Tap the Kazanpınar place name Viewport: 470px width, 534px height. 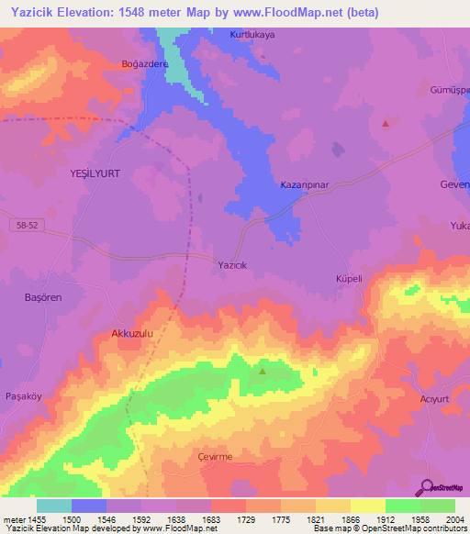(304, 185)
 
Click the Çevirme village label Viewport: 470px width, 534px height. (215, 457)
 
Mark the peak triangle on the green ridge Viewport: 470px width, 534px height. (263, 372)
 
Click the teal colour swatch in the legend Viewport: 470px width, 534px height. (53, 506)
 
